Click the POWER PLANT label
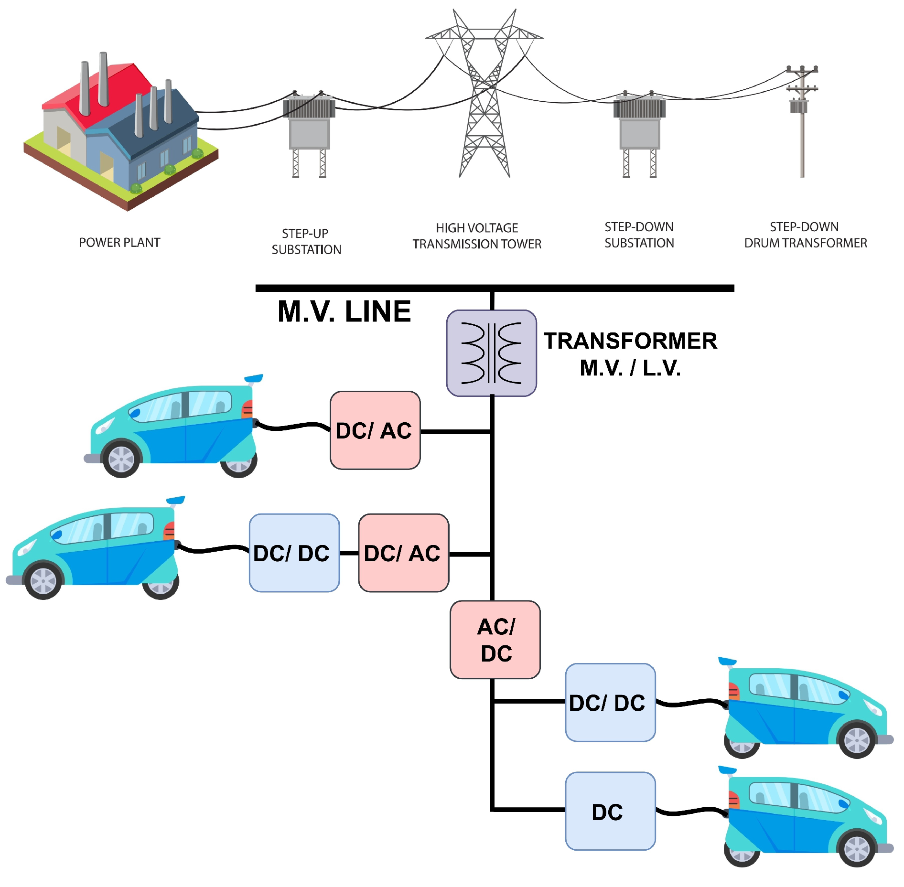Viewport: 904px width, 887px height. point(119,243)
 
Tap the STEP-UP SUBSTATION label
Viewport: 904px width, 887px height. point(306,242)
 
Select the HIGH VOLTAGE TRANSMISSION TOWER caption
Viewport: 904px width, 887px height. point(477,236)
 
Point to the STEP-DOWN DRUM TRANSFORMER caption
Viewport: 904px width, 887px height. point(805,235)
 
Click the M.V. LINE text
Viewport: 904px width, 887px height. point(344,311)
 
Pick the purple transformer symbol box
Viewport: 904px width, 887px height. point(491,353)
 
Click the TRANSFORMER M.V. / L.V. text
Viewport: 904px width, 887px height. point(630,354)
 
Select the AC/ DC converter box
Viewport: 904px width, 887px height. point(495,640)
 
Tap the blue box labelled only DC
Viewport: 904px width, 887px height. point(610,812)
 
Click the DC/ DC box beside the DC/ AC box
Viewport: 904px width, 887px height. point(294,553)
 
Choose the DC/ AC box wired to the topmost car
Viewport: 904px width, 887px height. point(375,430)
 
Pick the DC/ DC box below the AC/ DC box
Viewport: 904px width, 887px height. point(610,703)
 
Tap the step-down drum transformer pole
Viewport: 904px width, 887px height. point(802,124)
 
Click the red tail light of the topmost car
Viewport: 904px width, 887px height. point(248,409)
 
